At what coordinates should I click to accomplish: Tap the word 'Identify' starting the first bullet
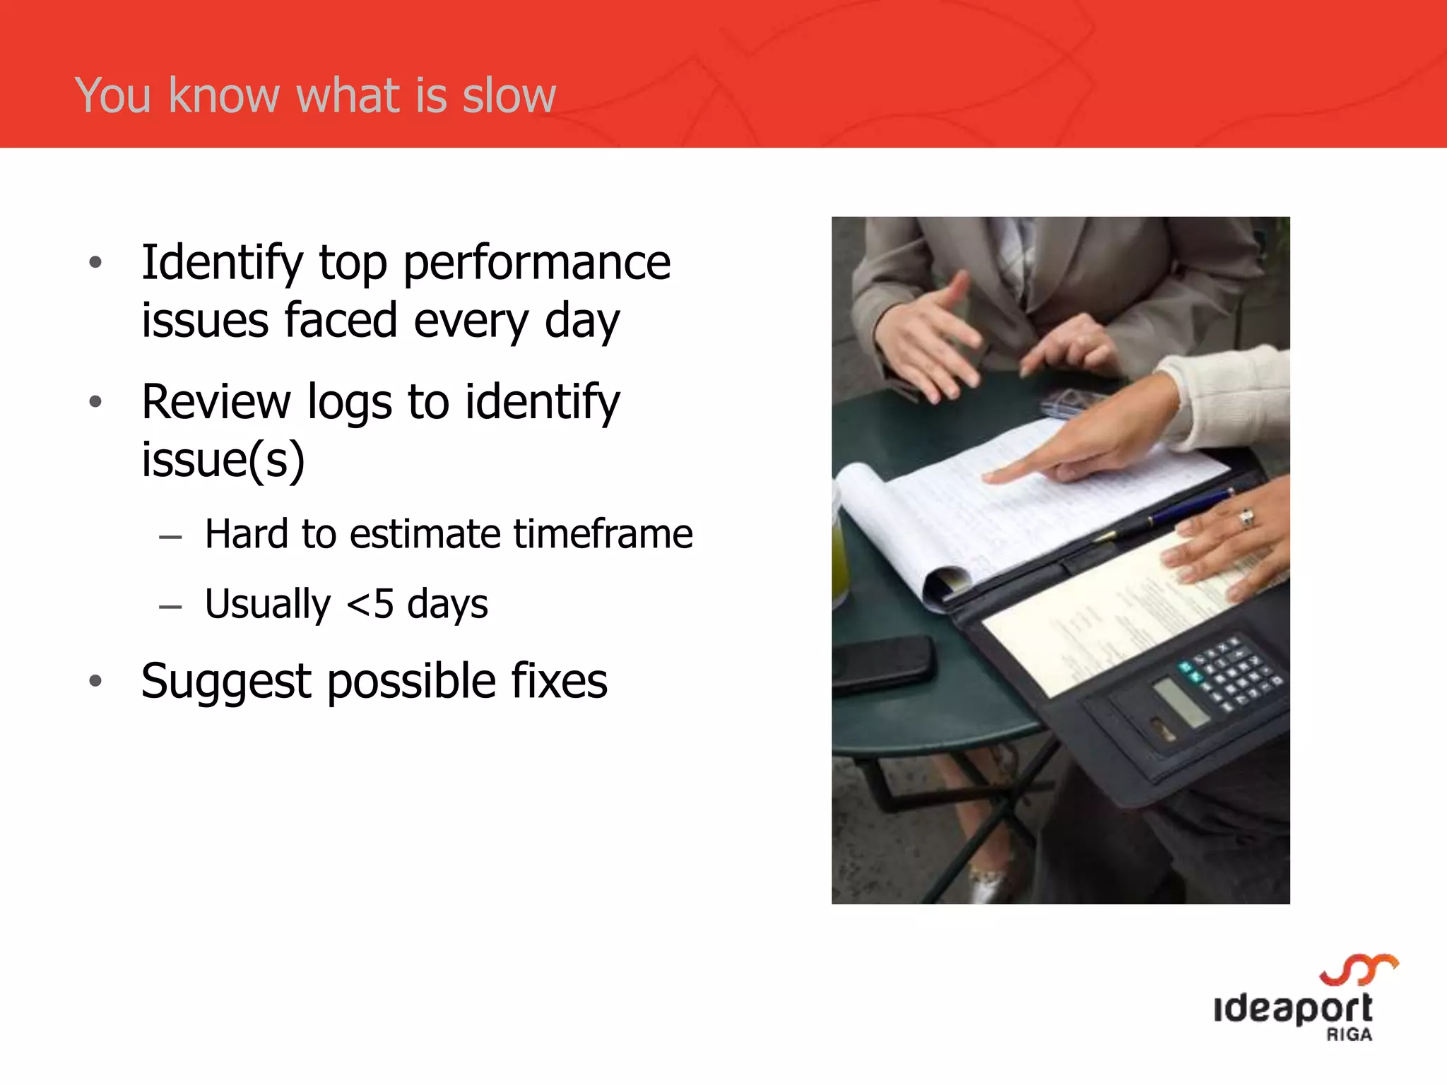(x=222, y=263)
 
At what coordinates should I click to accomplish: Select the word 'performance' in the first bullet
(x=537, y=263)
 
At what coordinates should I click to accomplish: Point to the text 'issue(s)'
(x=223, y=460)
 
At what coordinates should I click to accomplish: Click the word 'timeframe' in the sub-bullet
(x=603, y=534)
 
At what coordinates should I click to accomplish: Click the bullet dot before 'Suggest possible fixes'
(x=96, y=682)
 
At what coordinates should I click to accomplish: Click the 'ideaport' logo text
(x=1293, y=1009)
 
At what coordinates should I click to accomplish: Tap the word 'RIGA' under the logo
(x=1349, y=1035)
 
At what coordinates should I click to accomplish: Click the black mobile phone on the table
(x=883, y=663)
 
